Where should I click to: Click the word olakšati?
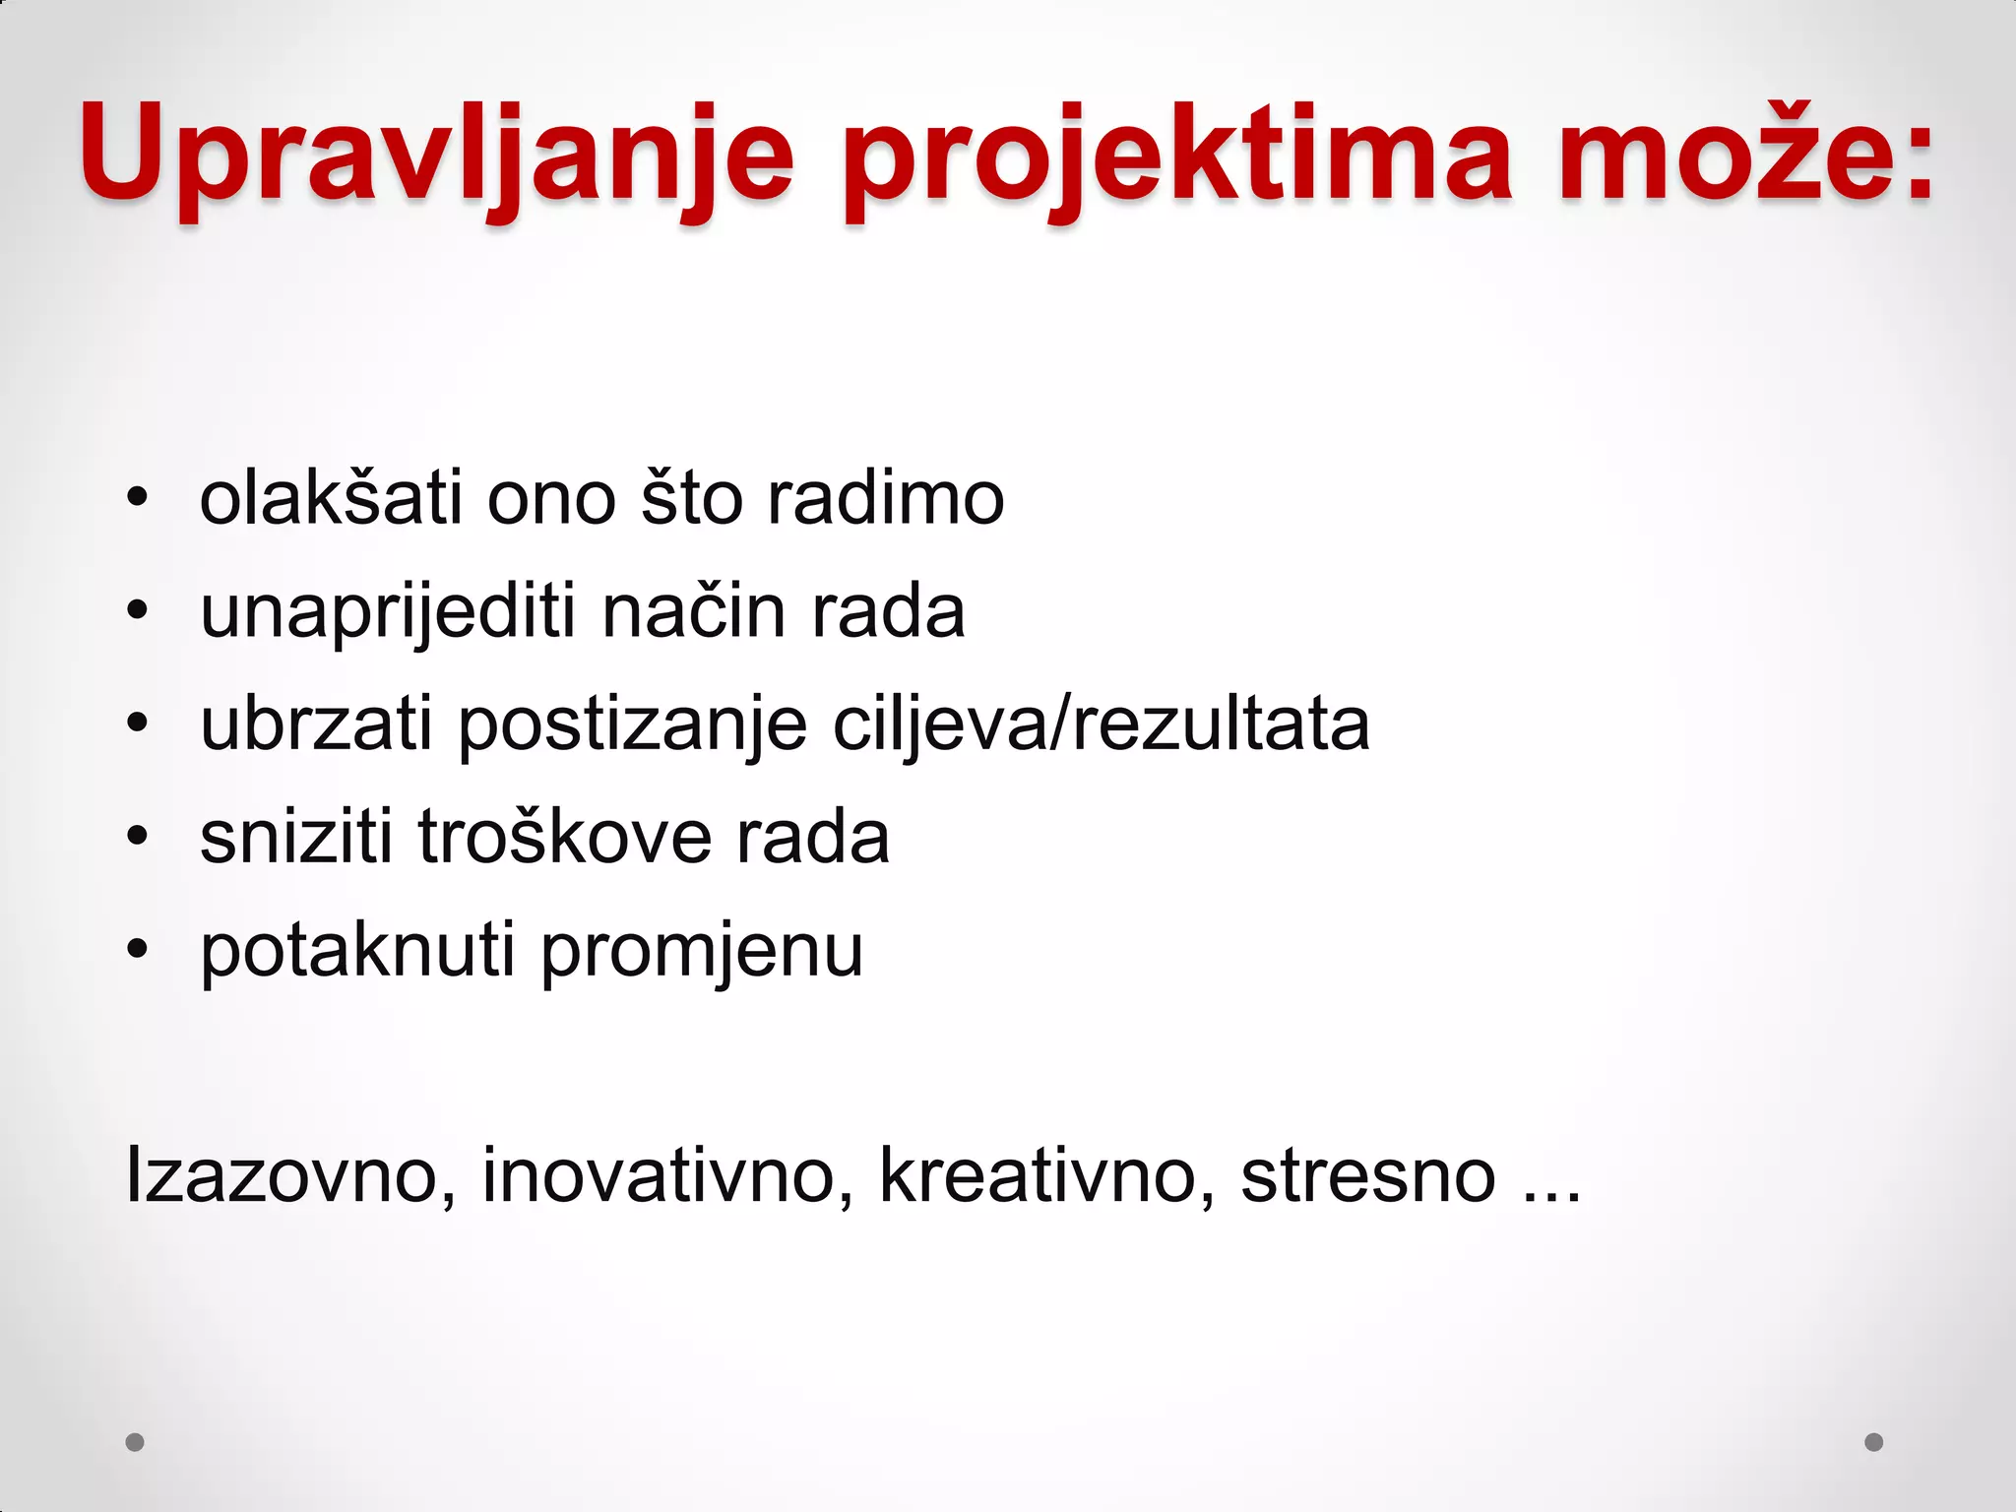tap(331, 498)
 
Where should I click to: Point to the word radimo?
tap(885, 498)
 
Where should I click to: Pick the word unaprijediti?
tap(388, 612)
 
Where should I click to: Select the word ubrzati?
tap(316, 724)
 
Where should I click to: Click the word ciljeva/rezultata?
tap(1101, 726)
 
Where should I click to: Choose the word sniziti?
tap(296, 837)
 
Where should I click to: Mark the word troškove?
tap(564, 837)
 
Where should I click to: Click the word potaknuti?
tap(357, 951)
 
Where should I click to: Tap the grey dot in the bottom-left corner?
tap(135, 1442)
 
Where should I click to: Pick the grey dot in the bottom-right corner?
tap(1874, 1442)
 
